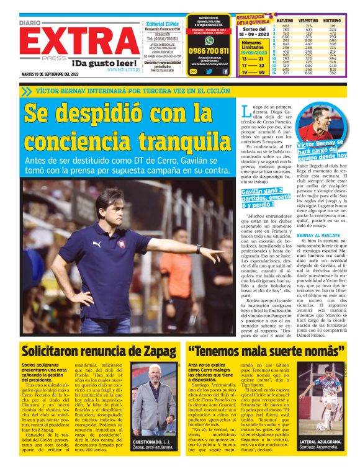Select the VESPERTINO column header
308,21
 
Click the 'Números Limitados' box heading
252,45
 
